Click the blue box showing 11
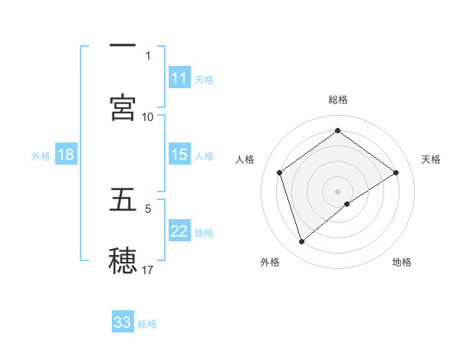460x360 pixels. [x=179, y=78]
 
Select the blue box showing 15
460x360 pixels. [x=179, y=155]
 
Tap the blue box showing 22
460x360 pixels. [x=179, y=231]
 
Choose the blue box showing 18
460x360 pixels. [x=66, y=155]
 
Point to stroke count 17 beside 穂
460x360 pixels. [x=148, y=270]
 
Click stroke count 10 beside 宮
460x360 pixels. [x=148, y=116]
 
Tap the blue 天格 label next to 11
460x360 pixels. [x=204, y=79]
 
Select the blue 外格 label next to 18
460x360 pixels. [x=41, y=155]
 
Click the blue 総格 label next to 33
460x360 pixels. [x=147, y=323]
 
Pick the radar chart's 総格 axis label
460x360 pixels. [x=337, y=100]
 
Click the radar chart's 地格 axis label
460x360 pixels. [x=402, y=262]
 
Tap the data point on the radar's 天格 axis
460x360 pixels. [x=396, y=172]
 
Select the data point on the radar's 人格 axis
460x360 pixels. [x=280, y=172]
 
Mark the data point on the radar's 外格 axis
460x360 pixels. [x=302, y=242]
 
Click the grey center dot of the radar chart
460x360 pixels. [x=337, y=191]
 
